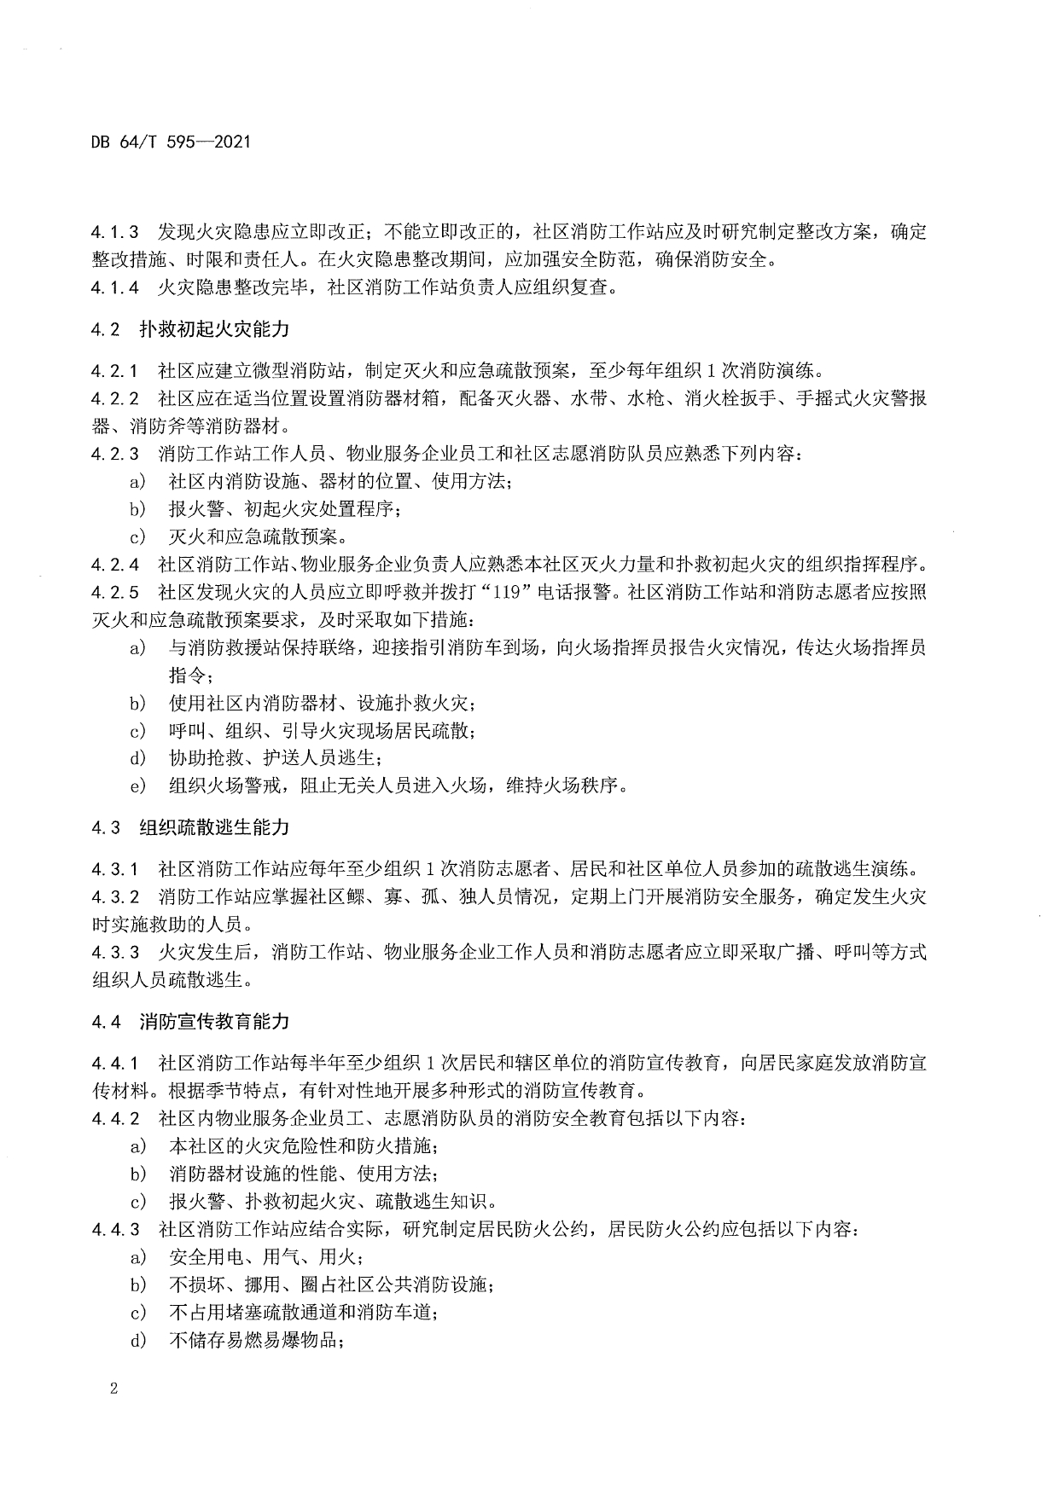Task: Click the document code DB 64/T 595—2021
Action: [x=171, y=142]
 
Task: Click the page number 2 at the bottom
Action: [x=113, y=1389]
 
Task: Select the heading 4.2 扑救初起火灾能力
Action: [x=190, y=328]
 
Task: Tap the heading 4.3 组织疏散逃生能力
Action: [x=190, y=827]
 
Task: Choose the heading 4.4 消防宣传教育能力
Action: [x=190, y=1021]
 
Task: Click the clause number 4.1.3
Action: [x=115, y=232]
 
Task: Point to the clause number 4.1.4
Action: [x=115, y=287]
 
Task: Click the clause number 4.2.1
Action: [x=115, y=371]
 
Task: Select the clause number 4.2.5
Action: [x=115, y=593]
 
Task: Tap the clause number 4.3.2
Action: [x=115, y=897]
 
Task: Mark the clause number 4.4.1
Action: [x=115, y=1064]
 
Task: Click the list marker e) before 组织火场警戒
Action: [x=137, y=786]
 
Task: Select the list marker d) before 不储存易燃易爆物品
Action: [x=137, y=1341]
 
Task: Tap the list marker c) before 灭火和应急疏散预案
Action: [x=137, y=536]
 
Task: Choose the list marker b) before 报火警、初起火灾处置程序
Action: [x=137, y=509]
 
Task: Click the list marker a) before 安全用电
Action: [x=137, y=1257]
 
